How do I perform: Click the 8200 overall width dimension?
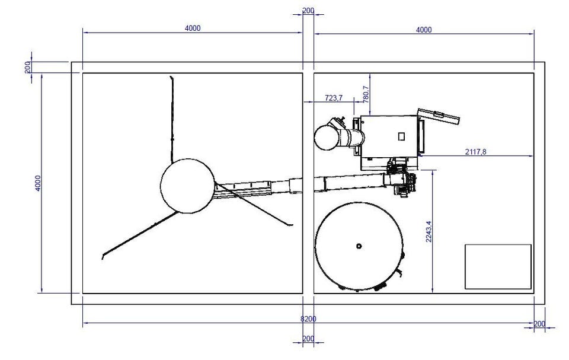(x=308, y=319)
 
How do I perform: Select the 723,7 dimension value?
(x=334, y=98)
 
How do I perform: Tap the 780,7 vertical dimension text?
(x=366, y=94)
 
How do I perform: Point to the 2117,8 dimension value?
(x=475, y=152)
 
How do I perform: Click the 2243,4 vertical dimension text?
(x=429, y=231)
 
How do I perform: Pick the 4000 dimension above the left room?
(x=192, y=28)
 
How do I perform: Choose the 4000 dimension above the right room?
(x=423, y=30)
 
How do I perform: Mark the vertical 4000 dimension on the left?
(x=38, y=183)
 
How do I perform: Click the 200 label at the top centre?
(x=308, y=11)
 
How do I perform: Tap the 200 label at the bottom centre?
(x=308, y=339)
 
